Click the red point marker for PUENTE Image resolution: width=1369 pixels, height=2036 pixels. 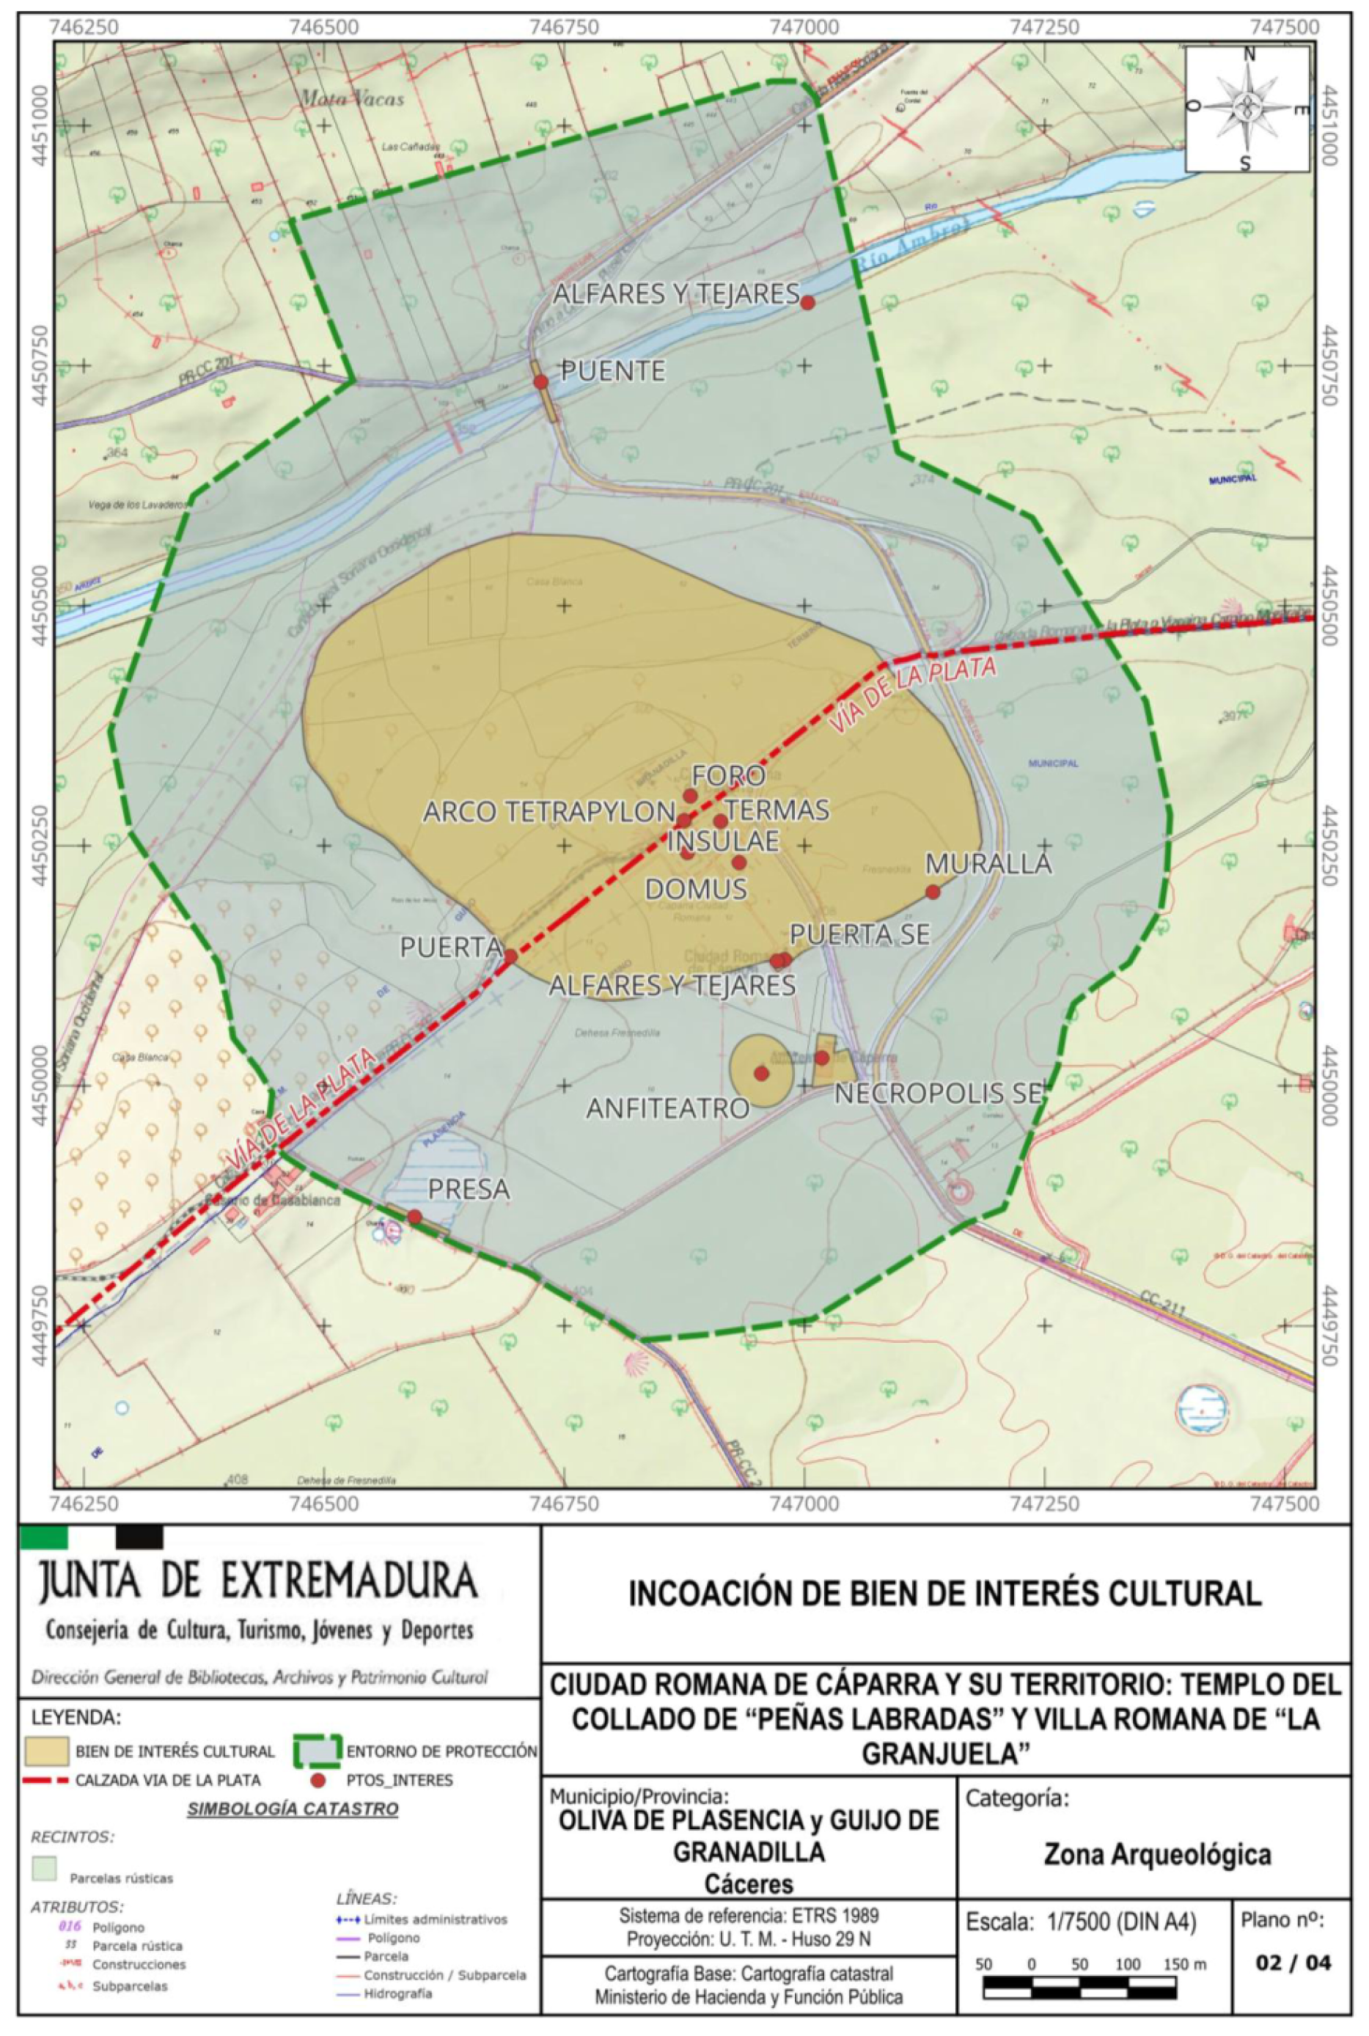pos(540,381)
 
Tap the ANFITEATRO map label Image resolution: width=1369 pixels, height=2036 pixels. pos(668,1108)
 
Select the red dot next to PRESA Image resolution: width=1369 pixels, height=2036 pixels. pos(415,1216)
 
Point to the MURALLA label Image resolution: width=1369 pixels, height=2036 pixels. pos(988,863)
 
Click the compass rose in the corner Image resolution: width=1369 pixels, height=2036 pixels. pos(1247,109)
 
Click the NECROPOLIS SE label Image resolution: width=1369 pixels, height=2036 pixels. pos(939,1093)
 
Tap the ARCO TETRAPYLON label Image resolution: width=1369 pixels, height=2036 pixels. pos(549,812)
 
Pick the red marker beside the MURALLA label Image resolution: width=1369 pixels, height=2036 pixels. pos(933,891)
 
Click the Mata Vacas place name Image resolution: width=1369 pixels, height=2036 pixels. pos(353,99)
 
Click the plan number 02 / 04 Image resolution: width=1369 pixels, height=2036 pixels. pos(1293,1963)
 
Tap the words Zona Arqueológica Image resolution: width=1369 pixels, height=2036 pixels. pos(1157,1853)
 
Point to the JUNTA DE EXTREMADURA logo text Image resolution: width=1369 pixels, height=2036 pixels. pos(258,1581)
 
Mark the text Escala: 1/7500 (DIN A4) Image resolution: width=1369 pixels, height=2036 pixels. pos(1081,1922)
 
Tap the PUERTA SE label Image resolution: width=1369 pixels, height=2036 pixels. pos(859,934)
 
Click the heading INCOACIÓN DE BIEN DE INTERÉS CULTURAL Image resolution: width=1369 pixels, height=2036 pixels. pos(944,1593)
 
